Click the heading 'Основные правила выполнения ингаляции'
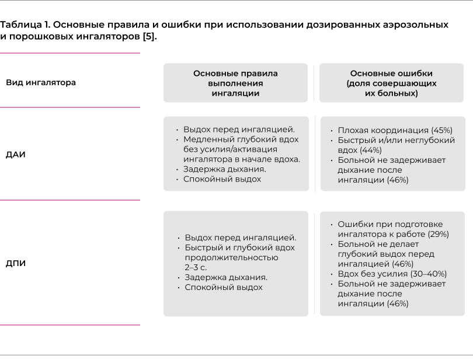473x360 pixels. point(235,83)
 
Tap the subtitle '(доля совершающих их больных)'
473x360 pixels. point(391,88)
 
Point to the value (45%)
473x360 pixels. point(441,130)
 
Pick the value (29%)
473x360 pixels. point(438,235)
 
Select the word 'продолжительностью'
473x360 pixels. point(231,257)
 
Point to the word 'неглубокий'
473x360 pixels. point(425,140)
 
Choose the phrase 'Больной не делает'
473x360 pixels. point(374,244)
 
